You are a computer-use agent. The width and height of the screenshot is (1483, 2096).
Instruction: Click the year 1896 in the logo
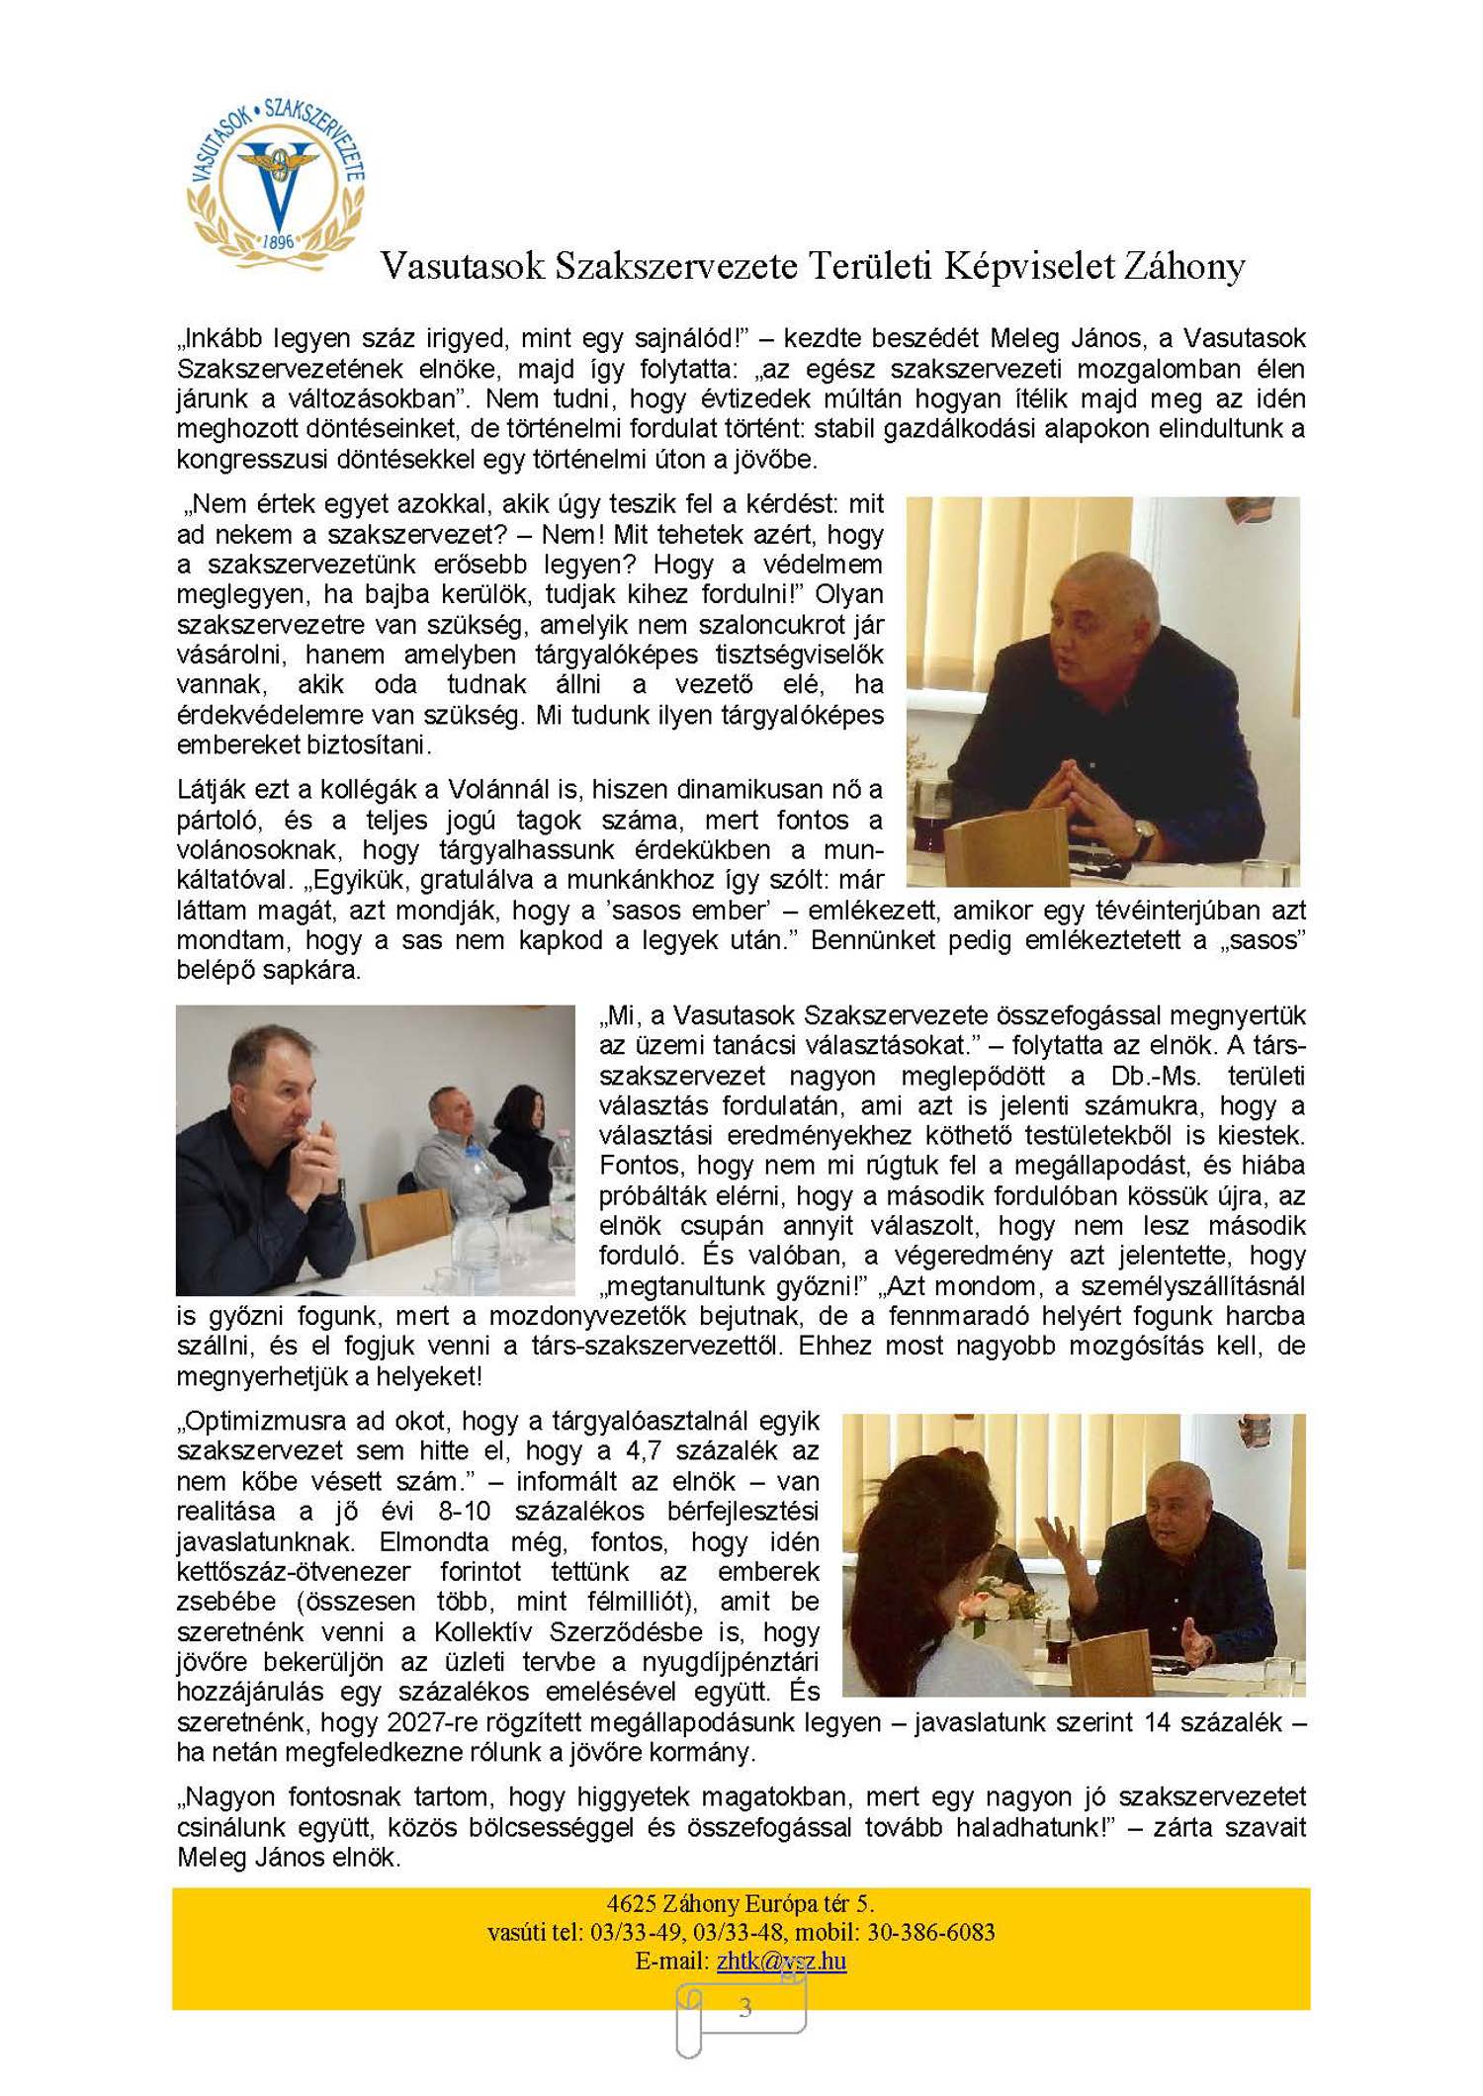point(279,241)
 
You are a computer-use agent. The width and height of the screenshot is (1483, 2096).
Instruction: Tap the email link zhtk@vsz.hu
point(781,1961)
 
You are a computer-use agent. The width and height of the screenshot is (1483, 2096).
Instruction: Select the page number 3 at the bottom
point(744,2008)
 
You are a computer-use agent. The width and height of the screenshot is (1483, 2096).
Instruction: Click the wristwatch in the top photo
point(1144,836)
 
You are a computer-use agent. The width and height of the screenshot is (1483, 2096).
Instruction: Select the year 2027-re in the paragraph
point(433,1722)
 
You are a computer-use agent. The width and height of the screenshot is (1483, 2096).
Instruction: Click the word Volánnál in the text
point(505,790)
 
